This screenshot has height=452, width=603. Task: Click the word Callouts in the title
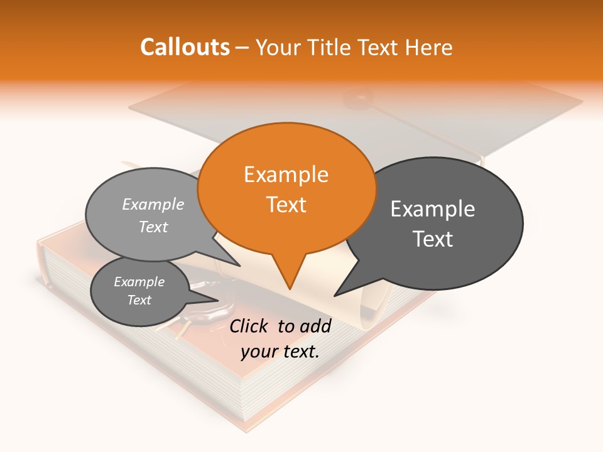click(x=185, y=47)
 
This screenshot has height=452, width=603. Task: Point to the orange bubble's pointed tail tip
click(x=290, y=288)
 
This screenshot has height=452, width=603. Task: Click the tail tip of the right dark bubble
click(x=335, y=295)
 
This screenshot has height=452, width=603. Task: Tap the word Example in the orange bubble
click(x=286, y=174)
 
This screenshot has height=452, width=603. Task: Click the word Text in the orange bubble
click(x=286, y=204)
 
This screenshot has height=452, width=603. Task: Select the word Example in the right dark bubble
click(x=432, y=208)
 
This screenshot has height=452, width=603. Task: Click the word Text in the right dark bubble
click(x=432, y=239)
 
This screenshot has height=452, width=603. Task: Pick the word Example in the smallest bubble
click(x=139, y=281)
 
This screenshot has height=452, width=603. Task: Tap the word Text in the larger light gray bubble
click(x=153, y=227)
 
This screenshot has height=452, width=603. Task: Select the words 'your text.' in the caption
click(x=280, y=351)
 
